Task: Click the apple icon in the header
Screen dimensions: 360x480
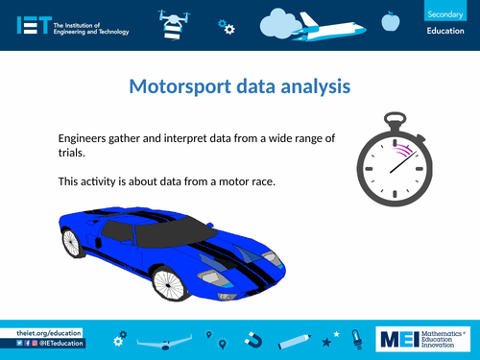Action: click(x=390, y=21)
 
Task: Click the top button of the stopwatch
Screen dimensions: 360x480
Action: click(x=389, y=117)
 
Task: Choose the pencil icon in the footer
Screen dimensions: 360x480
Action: click(x=295, y=339)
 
